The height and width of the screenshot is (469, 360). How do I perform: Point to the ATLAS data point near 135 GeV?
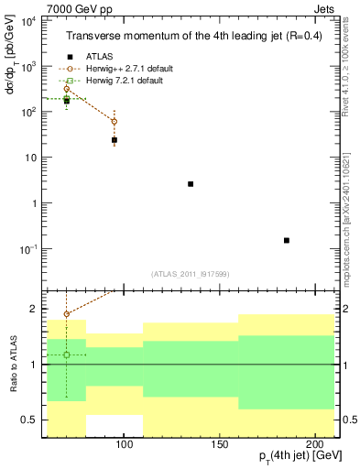click(191, 184)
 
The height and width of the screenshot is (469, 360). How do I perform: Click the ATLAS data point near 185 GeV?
click(287, 240)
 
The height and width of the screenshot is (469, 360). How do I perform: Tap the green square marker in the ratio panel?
click(67, 354)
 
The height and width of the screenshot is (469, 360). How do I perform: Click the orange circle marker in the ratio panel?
click(67, 314)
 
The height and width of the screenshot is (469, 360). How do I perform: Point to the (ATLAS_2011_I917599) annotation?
click(191, 273)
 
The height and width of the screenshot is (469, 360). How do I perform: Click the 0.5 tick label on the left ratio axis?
click(31, 420)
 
